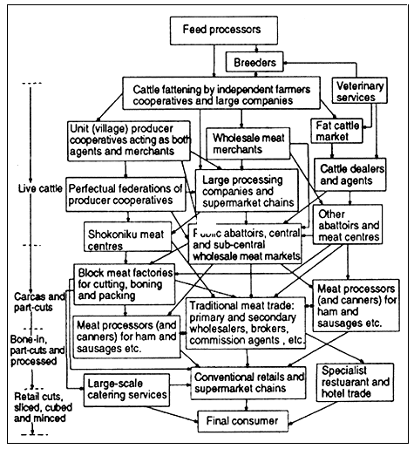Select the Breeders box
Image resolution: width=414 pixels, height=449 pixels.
tap(253, 63)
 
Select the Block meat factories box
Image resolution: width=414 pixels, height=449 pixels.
tap(120, 284)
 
